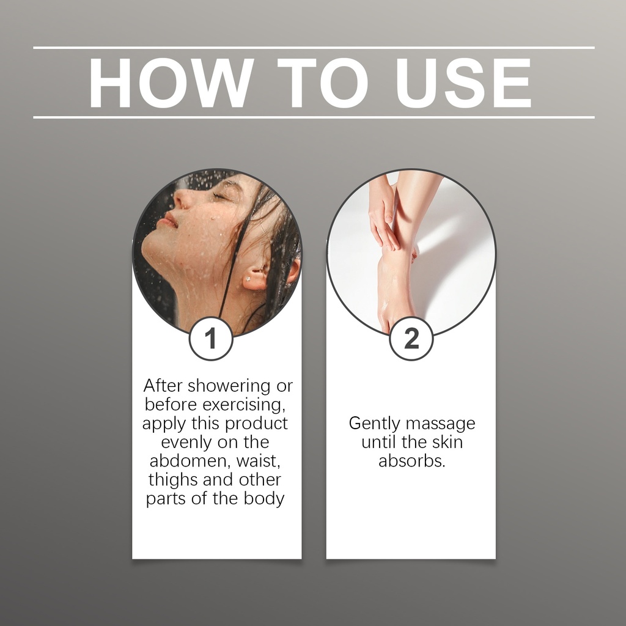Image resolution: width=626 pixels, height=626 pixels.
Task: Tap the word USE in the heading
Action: pos(463,83)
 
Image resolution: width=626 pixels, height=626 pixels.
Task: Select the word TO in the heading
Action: pos(322,83)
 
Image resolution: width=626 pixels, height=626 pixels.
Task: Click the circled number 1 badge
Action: pos(210,338)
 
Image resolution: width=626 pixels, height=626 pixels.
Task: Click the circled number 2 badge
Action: pos(411,338)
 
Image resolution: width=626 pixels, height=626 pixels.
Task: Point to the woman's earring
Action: pos(248,279)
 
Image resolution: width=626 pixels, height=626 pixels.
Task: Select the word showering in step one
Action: pos(229,386)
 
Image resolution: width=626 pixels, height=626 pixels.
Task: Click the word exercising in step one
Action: pos(243,405)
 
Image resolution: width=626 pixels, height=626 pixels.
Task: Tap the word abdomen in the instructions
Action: pos(191,461)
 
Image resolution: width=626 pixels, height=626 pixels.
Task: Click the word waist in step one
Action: pos(259,462)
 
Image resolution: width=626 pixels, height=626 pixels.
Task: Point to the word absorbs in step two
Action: pos(411,461)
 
